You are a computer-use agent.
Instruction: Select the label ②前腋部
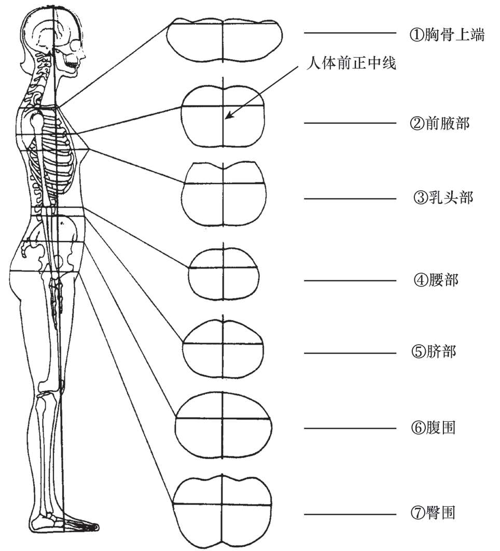coord(439,123)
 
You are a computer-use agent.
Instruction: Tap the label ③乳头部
coord(442,198)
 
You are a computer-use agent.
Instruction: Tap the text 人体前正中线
coord(351,65)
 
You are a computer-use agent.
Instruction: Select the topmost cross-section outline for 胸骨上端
coord(224,39)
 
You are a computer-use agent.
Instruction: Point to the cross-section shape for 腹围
coord(223,425)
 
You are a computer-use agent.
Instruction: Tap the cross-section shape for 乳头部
coord(224,194)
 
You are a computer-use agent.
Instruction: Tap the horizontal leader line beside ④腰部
coord(350,281)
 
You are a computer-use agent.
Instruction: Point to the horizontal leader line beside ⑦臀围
coord(350,514)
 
